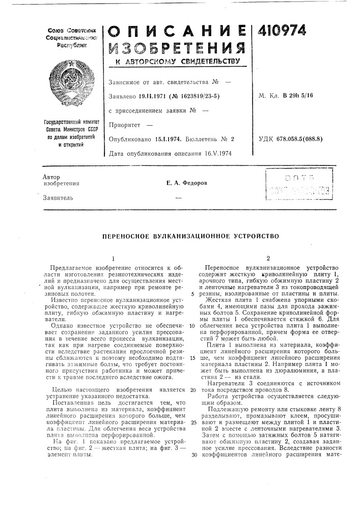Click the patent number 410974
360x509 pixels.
(x=278, y=32)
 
